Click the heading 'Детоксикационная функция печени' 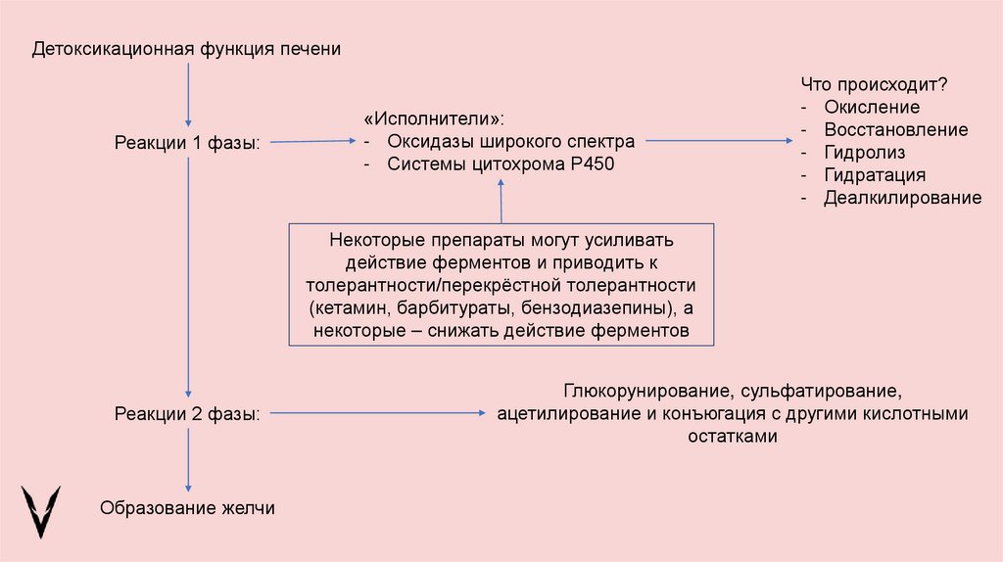tap(186, 49)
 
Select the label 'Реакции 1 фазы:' tap(188, 143)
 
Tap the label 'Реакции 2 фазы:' tap(188, 414)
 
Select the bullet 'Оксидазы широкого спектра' tap(510, 143)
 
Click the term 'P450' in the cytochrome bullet tap(592, 164)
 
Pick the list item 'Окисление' tap(872, 108)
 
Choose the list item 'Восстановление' tap(895, 130)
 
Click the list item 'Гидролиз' tap(864, 153)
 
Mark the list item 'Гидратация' tap(875, 175)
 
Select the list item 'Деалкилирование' tap(902, 198)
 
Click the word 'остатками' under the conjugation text tap(733, 438)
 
